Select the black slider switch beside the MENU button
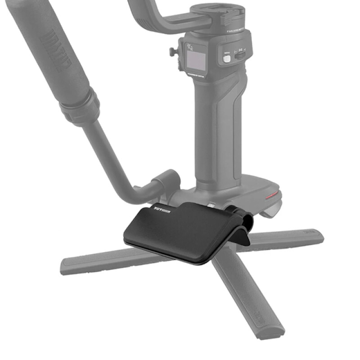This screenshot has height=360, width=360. coord(241,55)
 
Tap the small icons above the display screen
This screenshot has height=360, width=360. coord(192,45)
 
